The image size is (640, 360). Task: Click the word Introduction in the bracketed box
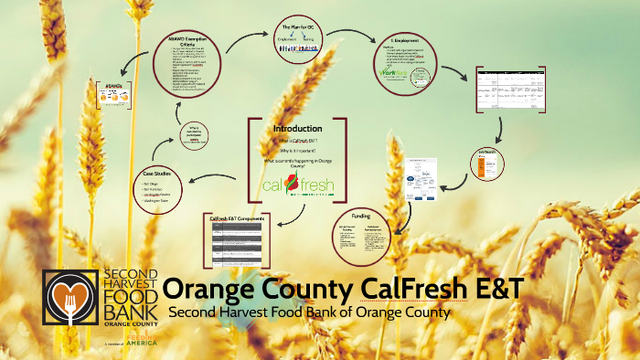pyautogui.click(x=297, y=129)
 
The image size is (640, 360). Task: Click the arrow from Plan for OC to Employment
pyautogui.click(x=352, y=38)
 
